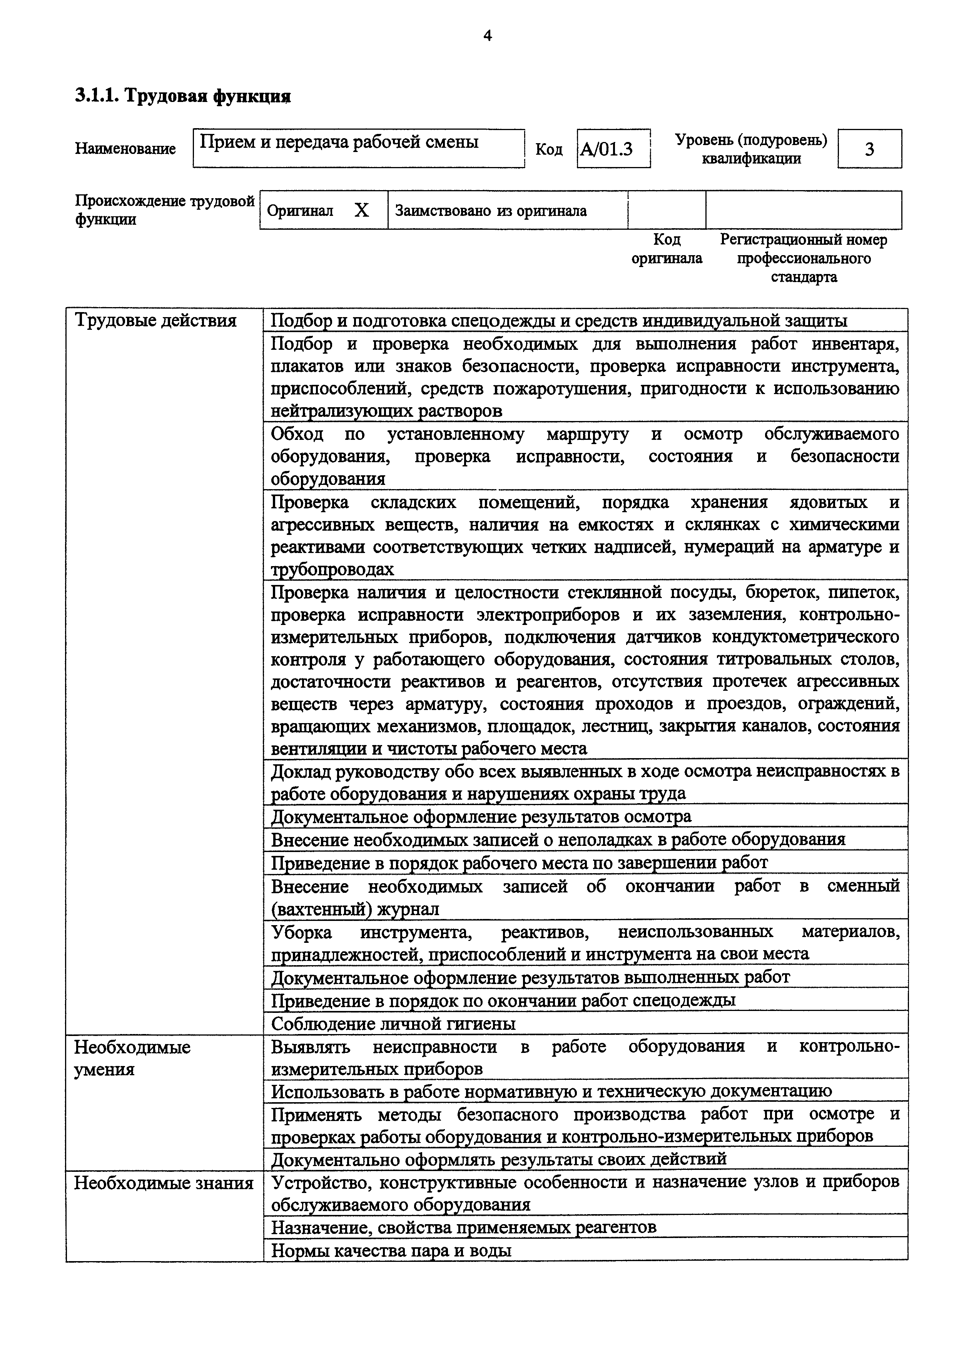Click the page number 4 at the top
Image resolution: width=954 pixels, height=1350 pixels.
click(487, 37)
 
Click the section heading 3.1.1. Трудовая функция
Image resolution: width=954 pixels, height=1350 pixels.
click(183, 96)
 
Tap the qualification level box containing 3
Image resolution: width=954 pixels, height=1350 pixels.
click(869, 149)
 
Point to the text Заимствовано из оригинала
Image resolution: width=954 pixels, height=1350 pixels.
click(490, 211)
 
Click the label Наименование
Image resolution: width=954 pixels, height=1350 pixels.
click(125, 149)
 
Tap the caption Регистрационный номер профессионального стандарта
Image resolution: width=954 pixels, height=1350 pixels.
click(804, 258)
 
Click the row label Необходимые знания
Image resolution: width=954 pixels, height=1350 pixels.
click(164, 1183)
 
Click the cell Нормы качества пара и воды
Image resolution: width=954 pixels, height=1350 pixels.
click(391, 1250)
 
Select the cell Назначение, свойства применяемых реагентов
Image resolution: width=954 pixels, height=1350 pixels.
click(463, 1227)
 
